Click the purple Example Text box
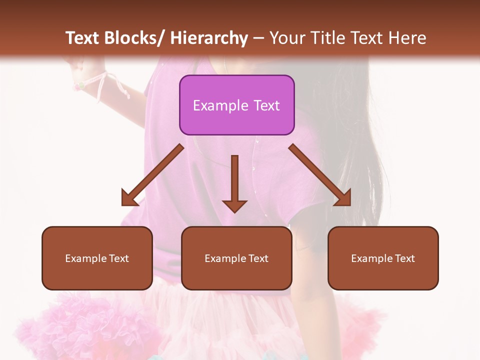[x=236, y=105]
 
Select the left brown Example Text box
[x=97, y=258]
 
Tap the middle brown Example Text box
[x=236, y=258]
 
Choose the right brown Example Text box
[x=383, y=258]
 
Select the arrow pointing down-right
[x=320, y=175]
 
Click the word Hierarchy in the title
[x=209, y=38]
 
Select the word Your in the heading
[x=286, y=38]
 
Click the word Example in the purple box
[x=220, y=105]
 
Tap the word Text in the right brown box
[x=404, y=258]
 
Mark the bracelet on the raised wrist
[x=79, y=85]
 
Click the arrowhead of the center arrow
[x=234, y=206]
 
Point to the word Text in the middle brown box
[x=258, y=258]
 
